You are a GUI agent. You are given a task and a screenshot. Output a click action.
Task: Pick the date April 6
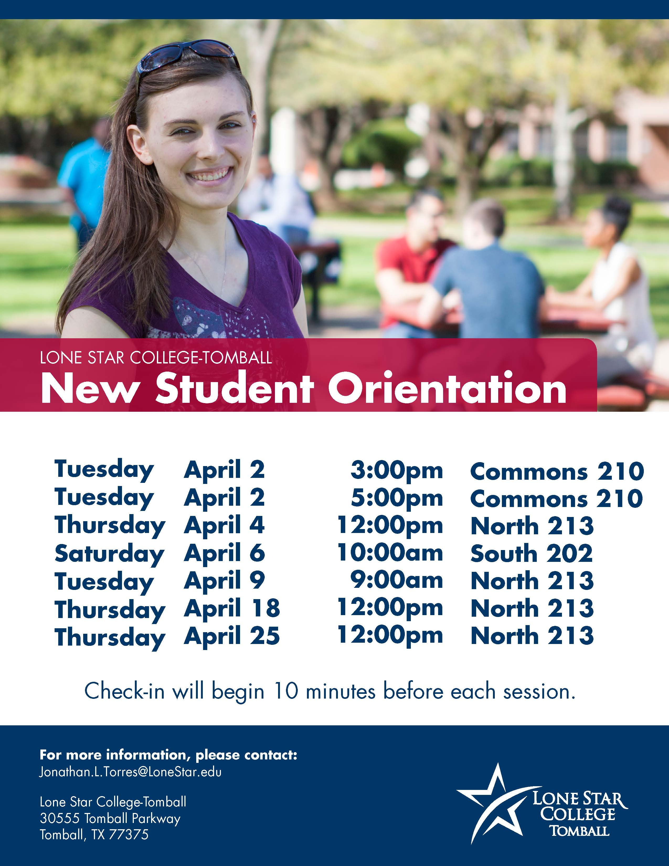coord(224,553)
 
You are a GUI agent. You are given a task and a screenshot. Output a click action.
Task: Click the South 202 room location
coord(532,553)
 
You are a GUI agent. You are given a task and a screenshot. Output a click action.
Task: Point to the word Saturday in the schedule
coord(109,554)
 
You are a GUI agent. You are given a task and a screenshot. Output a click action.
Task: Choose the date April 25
coord(232,636)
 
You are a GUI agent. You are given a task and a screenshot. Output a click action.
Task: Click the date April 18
coord(232,609)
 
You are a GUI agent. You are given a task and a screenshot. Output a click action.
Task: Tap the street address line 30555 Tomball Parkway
coord(110,819)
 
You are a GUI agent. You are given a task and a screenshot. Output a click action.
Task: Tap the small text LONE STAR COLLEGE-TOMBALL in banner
coord(156,358)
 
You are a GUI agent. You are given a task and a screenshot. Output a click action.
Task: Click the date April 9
coord(224,581)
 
